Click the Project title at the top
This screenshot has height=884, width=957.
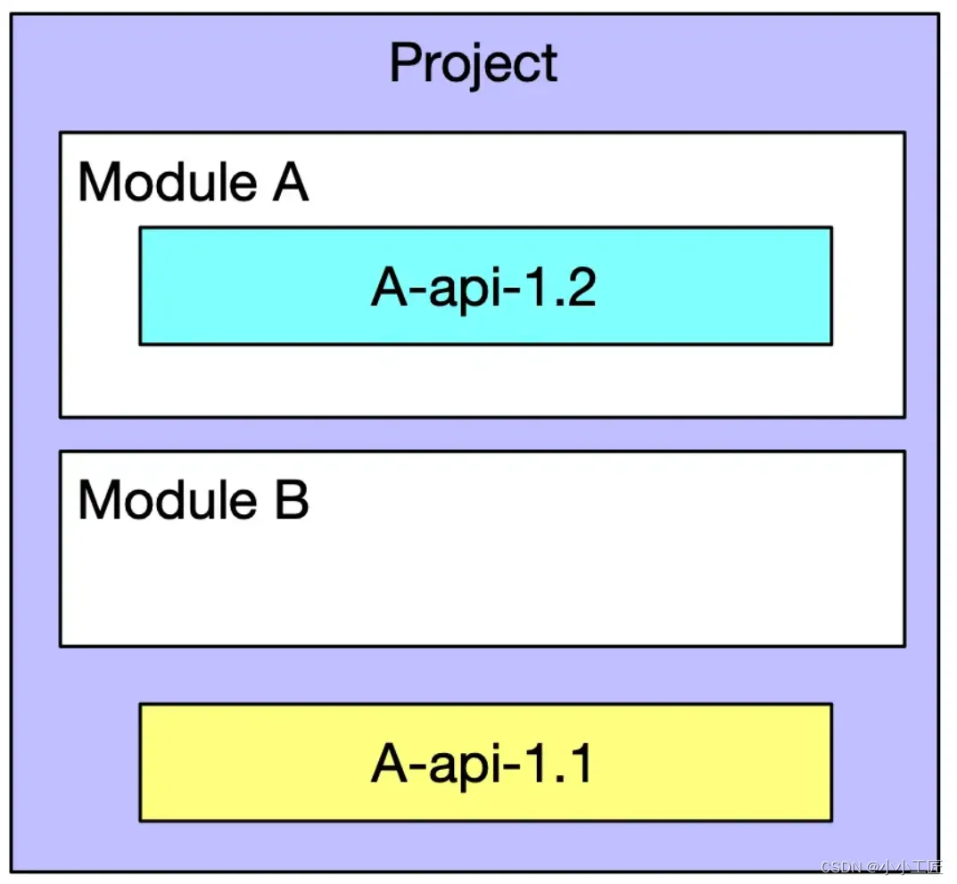[474, 64]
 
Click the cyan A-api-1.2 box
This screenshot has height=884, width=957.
[485, 286]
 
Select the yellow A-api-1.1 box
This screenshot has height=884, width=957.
[485, 762]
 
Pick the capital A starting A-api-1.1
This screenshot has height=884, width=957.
[389, 764]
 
